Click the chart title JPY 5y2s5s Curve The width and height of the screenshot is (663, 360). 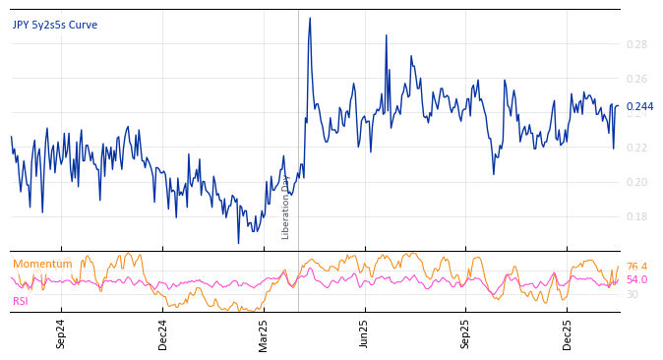click(x=55, y=25)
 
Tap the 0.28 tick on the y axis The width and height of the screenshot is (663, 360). click(x=636, y=44)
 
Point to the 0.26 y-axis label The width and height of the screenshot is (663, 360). click(x=636, y=79)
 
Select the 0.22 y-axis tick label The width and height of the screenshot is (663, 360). click(x=636, y=148)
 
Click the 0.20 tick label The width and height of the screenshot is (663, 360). click(x=636, y=182)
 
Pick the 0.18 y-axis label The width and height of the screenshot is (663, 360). click(x=636, y=216)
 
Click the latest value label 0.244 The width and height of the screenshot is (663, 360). click(x=639, y=106)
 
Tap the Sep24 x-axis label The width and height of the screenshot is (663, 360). click(x=61, y=333)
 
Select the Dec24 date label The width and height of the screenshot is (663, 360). click(x=163, y=333)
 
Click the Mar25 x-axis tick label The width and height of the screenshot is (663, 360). click(x=264, y=333)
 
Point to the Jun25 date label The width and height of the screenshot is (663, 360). click(x=365, y=333)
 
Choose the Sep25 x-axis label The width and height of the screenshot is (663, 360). click(x=466, y=333)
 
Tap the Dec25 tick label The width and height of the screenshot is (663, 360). click(x=568, y=333)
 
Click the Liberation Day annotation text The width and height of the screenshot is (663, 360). click(x=286, y=207)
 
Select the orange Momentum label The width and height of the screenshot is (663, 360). click(x=42, y=264)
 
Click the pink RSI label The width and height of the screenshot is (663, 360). click(x=21, y=301)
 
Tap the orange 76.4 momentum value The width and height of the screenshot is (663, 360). click(x=636, y=267)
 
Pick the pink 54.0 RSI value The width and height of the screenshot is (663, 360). click(x=636, y=279)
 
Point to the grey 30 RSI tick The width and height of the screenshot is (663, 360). click(x=633, y=294)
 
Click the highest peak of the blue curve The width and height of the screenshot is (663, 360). click(x=310, y=18)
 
